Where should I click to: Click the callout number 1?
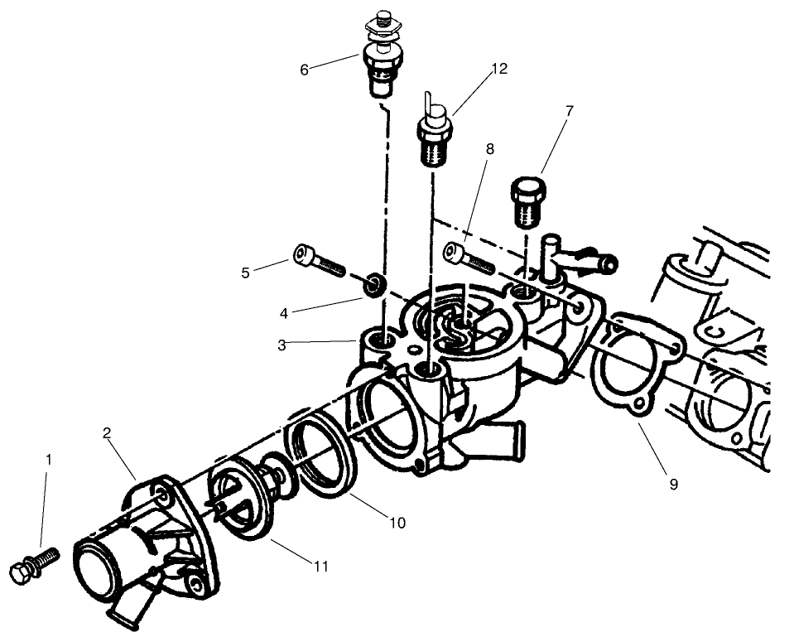[49, 458]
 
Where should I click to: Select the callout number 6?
[304, 70]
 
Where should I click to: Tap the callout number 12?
[498, 69]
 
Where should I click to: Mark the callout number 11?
[321, 567]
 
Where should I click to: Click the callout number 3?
[282, 345]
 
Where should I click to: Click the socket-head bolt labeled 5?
[317, 259]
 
